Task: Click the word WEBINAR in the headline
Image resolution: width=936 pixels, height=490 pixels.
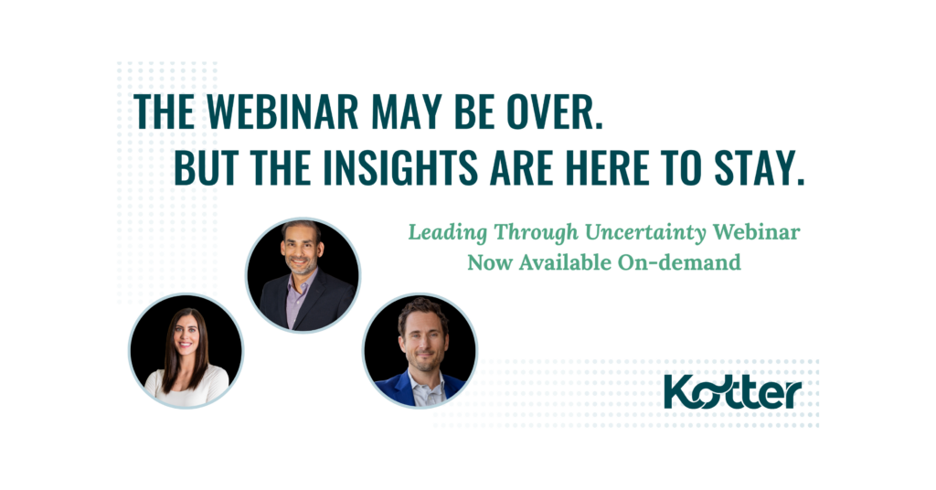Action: [283, 112]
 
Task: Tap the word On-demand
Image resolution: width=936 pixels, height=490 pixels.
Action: [679, 262]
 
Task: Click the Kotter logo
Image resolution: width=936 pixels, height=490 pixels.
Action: [732, 393]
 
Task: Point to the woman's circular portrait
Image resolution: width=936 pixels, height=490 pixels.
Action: [186, 351]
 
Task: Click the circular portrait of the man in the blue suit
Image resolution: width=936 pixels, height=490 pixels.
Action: [420, 350]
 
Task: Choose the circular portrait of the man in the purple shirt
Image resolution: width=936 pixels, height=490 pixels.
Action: [303, 275]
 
